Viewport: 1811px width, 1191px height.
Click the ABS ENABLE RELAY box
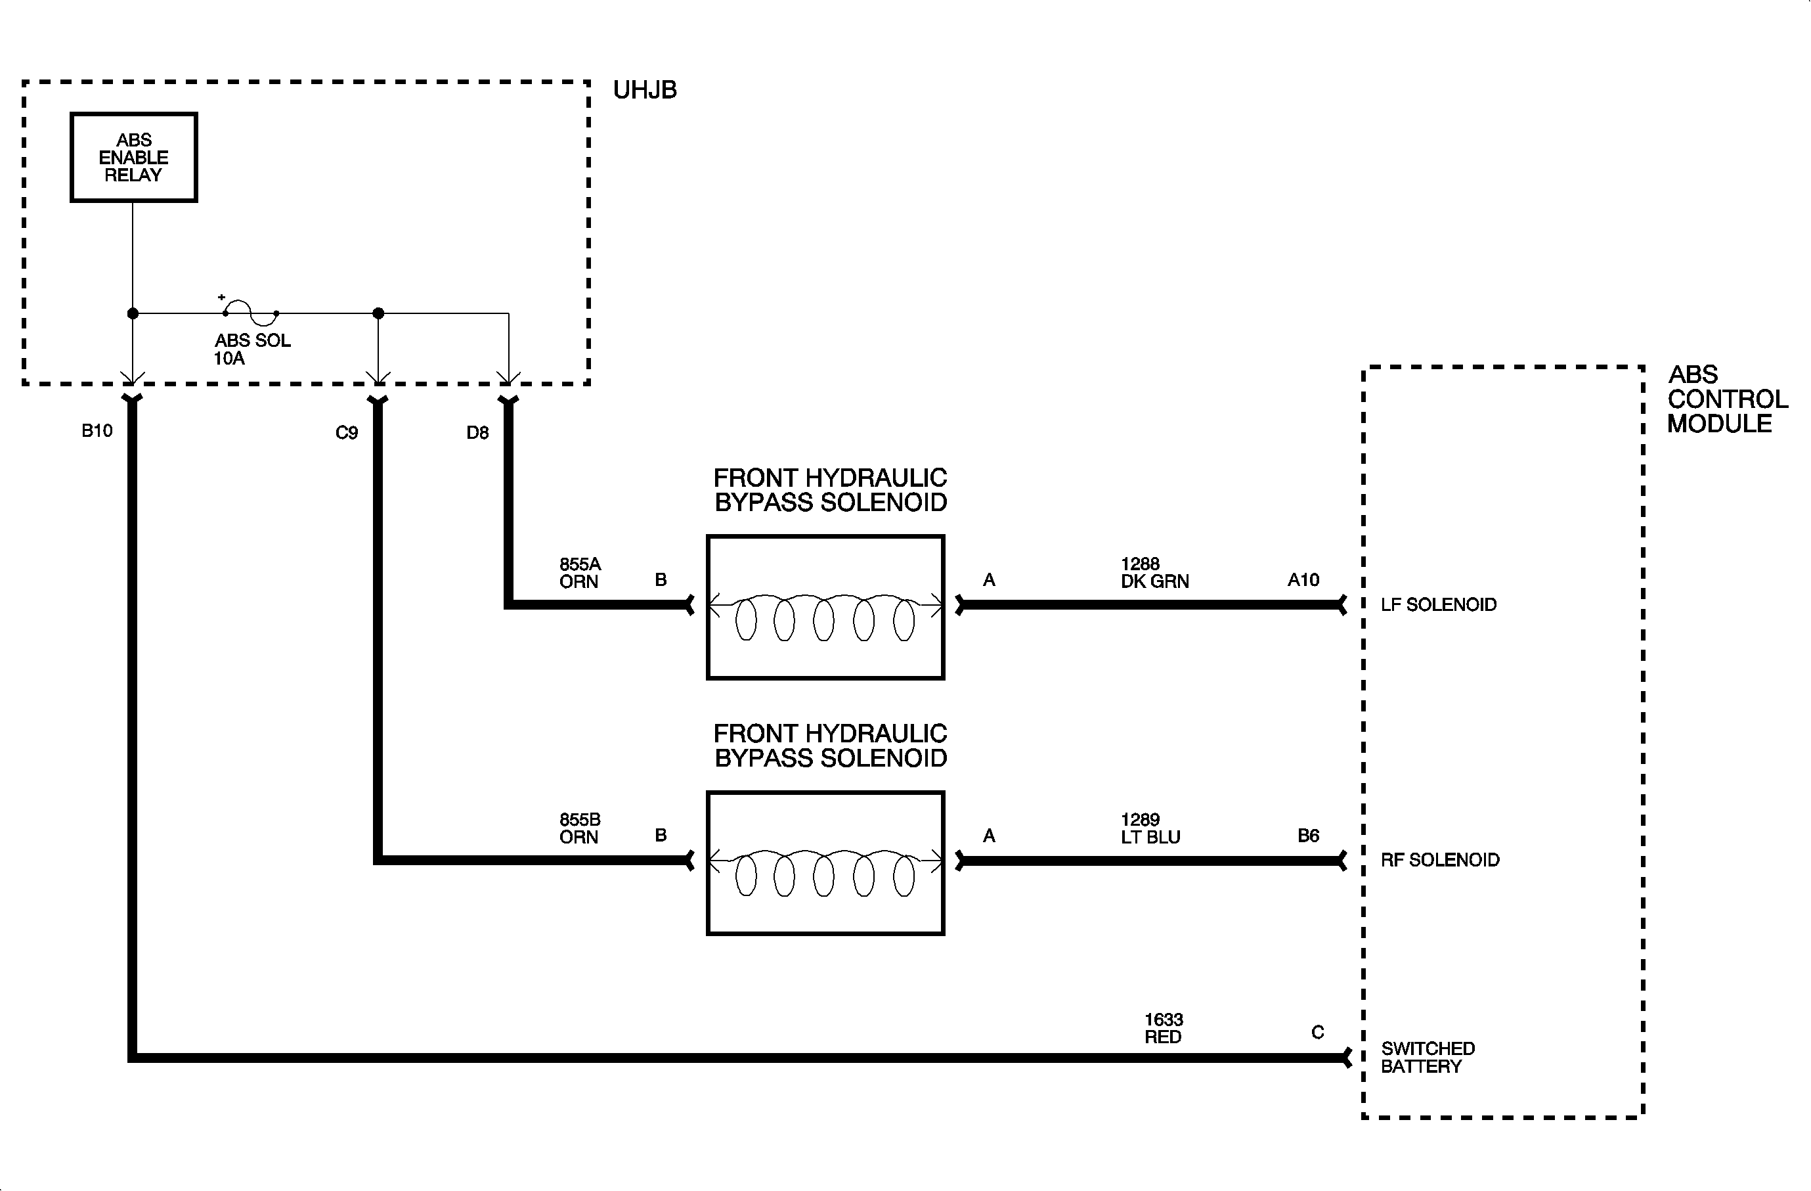(x=134, y=158)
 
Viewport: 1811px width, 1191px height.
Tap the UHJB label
(x=645, y=90)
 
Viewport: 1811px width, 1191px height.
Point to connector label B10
(x=97, y=431)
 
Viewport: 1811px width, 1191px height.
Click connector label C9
(x=346, y=433)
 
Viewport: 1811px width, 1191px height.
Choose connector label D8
(x=477, y=433)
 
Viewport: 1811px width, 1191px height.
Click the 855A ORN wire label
(x=580, y=573)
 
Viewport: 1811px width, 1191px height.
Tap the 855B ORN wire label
(x=580, y=829)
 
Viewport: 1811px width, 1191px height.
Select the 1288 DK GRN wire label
(x=1154, y=573)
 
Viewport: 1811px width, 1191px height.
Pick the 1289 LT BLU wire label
(x=1150, y=829)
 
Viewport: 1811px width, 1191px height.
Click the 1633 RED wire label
(x=1164, y=1028)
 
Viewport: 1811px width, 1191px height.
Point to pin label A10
(x=1303, y=580)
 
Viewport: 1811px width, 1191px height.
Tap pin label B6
(x=1308, y=836)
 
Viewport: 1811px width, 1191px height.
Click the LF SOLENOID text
(x=1438, y=605)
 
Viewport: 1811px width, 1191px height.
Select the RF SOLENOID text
(x=1439, y=860)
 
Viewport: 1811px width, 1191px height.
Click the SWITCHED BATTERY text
(x=1427, y=1058)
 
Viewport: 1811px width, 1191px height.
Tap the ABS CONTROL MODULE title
(x=1726, y=399)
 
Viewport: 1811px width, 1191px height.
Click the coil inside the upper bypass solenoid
(x=825, y=618)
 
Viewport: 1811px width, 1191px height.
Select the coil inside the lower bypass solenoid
(x=825, y=874)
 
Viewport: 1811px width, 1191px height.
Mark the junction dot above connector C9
(x=378, y=313)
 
